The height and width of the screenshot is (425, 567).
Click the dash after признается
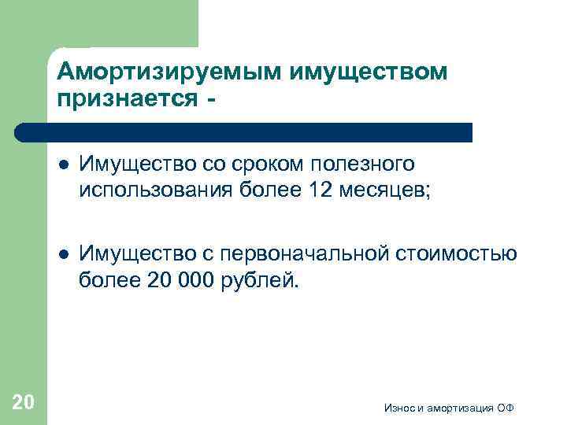click(208, 100)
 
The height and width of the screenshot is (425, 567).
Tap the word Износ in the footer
click(399, 408)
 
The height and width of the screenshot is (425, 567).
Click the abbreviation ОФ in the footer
click(507, 408)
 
